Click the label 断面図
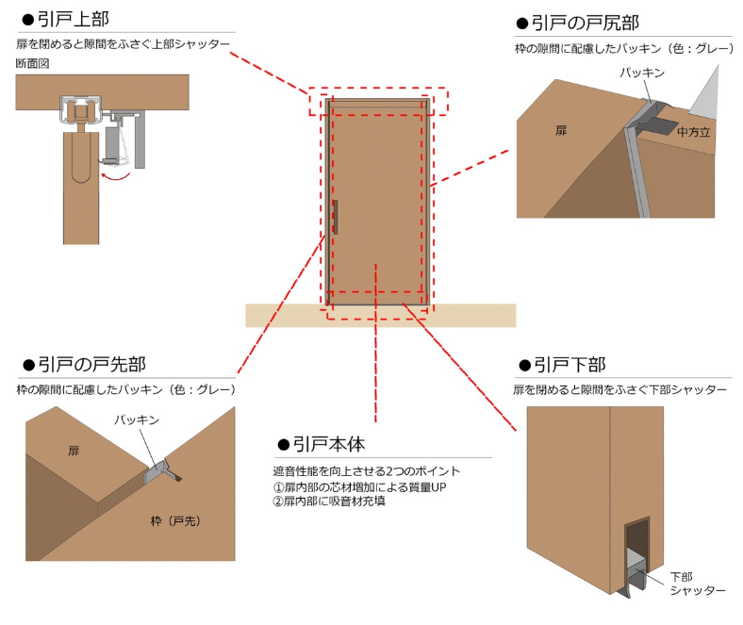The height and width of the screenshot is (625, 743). [33, 63]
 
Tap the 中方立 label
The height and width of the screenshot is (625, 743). [694, 132]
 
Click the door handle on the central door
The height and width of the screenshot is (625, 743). [335, 216]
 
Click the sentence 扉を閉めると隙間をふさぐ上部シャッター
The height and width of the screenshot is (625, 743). [124, 44]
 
